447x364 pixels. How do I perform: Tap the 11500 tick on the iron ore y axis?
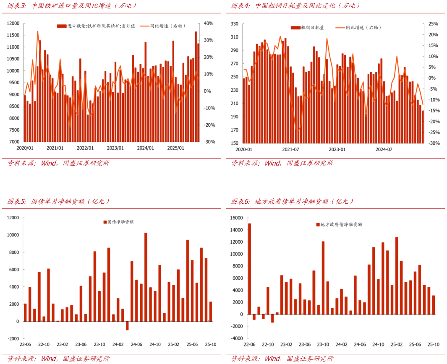click(13, 35)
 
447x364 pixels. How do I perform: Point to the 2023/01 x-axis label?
click(115, 148)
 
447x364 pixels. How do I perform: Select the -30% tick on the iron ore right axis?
click(209, 142)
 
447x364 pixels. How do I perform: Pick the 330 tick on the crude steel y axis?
click(234, 24)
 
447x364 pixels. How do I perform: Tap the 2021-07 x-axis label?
click(290, 150)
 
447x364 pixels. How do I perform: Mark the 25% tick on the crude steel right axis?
click(433, 24)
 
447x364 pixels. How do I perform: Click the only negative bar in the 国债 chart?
click(127, 326)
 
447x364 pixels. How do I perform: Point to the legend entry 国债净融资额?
click(118, 222)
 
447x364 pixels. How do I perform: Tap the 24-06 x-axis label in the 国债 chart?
click(136, 344)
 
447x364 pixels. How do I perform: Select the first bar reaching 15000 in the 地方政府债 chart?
click(249, 269)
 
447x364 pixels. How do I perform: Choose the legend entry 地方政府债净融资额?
click(339, 224)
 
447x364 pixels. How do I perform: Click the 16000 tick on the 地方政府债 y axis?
click(237, 218)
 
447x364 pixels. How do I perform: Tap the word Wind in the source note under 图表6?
click(272, 359)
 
